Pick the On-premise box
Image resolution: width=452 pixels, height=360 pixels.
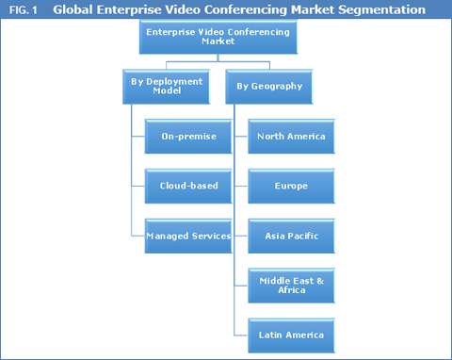(188, 137)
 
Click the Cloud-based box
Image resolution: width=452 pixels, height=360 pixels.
(188, 186)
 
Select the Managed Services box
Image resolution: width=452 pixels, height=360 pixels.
(188, 236)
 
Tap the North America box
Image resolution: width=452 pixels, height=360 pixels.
(291, 137)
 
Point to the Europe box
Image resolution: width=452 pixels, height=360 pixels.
(291, 186)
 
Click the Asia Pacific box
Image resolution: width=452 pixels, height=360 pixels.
(291, 236)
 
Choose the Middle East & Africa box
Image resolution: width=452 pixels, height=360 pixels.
(291, 285)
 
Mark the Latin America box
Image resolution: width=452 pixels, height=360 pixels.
(291, 335)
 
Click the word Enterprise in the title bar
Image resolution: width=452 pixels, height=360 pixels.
(131, 10)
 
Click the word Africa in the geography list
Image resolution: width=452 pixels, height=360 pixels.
(291, 291)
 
